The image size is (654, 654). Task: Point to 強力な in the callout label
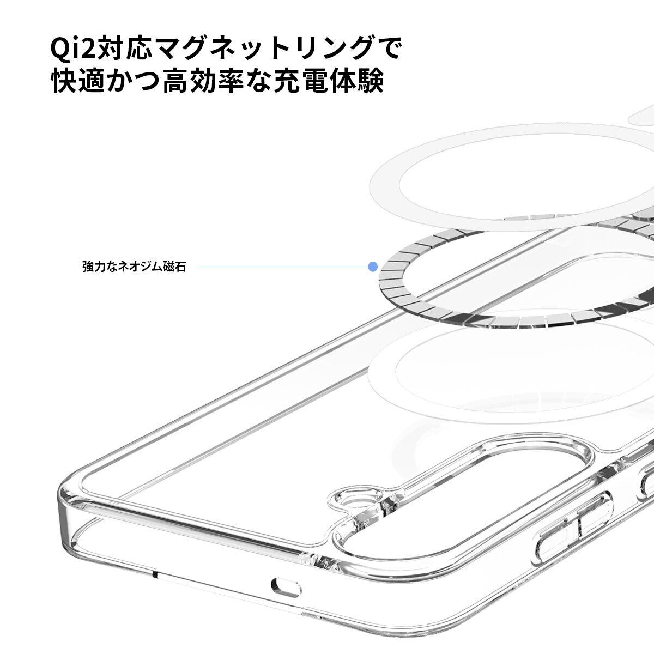[101, 267]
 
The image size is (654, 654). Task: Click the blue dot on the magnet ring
[373, 267]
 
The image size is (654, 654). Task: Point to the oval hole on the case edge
[287, 586]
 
